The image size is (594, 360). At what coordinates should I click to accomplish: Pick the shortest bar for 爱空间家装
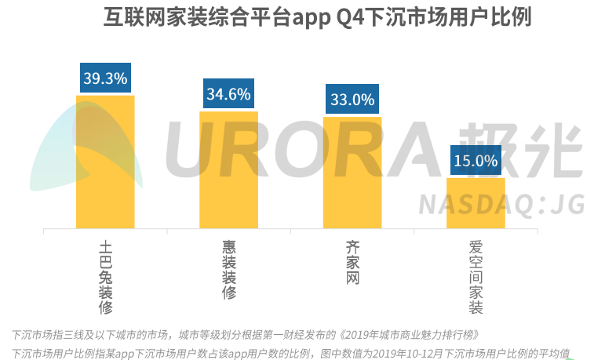[476, 203]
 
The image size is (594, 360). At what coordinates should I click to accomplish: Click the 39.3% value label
[105, 78]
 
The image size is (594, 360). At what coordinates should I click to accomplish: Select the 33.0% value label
[352, 99]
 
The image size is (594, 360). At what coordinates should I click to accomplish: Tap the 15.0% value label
[476, 161]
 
